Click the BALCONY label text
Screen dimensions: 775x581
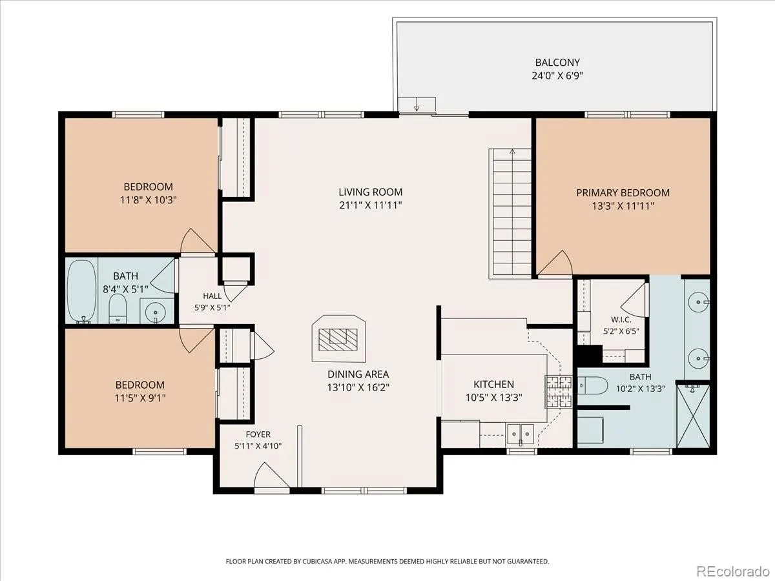[x=557, y=63]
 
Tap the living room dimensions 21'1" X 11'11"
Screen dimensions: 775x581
[x=371, y=205]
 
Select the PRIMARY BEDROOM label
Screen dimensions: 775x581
[x=623, y=192]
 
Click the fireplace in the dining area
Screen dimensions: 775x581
[x=338, y=339]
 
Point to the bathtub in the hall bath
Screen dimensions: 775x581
[x=81, y=291]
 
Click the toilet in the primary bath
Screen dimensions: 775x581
[x=592, y=385]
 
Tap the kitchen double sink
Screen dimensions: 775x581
[x=521, y=434]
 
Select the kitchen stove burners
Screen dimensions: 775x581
[x=558, y=392]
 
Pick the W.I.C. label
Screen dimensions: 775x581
[x=621, y=320]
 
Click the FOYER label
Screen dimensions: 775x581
[x=258, y=434]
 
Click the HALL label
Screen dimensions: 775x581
[x=212, y=296]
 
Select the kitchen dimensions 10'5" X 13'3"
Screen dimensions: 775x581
[x=493, y=398]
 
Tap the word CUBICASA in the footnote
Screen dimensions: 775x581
[x=316, y=561]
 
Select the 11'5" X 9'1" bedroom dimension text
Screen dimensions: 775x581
[x=140, y=398]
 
